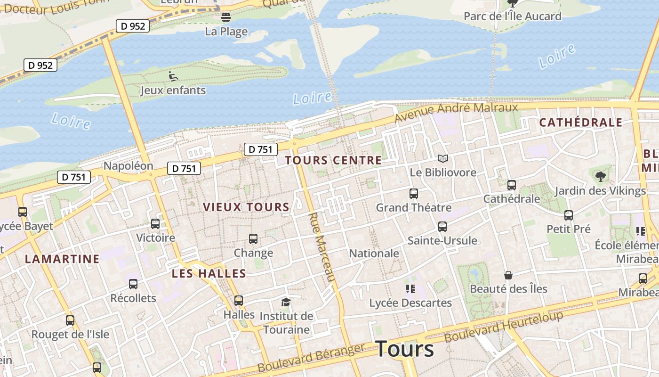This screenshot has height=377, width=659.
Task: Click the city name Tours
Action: pos(405,349)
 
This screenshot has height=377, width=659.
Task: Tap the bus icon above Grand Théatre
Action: pos(414,194)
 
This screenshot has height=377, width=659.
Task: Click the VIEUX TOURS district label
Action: pos(246,207)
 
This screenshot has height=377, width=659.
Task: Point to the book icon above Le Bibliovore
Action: pos(442,159)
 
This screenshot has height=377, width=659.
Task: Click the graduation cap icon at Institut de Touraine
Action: pos(286,302)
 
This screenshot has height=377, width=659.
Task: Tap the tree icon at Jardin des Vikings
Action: pos(600,177)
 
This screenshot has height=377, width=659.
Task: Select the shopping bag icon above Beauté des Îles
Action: pos(508,275)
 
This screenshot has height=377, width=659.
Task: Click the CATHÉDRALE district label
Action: pos(581,123)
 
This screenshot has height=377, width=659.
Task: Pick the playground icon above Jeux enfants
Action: pos(173,76)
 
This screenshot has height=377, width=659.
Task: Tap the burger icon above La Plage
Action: pos(226,18)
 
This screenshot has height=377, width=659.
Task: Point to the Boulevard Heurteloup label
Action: pos(504,327)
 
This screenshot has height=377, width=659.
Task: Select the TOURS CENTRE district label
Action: pos(333,160)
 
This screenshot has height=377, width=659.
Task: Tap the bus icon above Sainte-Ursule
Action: pos(442,227)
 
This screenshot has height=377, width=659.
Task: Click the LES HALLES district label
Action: pos(209,273)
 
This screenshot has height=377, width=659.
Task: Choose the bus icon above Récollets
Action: pos(133,284)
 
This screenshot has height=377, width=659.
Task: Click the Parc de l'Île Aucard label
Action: pos(512,16)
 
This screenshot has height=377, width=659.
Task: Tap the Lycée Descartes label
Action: pos(410,303)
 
